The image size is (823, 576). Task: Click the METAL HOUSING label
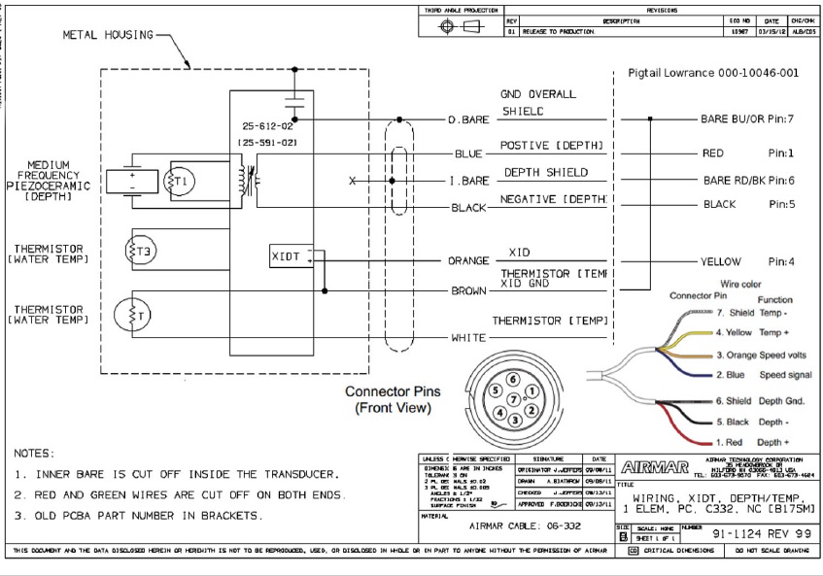click(108, 35)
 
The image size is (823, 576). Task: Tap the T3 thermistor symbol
click(144, 250)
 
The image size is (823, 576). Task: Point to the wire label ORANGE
click(468, 261)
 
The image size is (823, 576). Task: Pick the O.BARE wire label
click(468, 119)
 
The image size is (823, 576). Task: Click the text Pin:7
click(781, 119)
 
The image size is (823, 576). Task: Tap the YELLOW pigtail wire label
click(720, 261)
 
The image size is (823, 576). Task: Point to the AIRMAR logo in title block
click(654, 467)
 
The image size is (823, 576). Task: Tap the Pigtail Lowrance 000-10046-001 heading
click(713, 73)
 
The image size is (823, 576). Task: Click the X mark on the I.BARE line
click(353, 181)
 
